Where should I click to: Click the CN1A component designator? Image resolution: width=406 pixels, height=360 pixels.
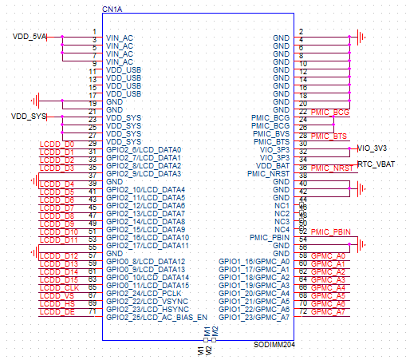[x=112, y=10]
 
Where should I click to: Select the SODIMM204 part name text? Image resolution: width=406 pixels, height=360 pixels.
[x=274, y=345]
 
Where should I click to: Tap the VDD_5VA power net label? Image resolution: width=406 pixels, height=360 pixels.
[x=30, y=37]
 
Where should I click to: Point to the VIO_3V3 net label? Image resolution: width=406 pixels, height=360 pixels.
[x=372, y=148]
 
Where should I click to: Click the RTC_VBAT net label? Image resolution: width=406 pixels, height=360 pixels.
[x=376, y=164]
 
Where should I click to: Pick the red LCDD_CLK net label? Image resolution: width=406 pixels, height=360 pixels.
[x=59, y=288]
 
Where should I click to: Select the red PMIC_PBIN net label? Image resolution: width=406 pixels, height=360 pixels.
[x=331, y=232]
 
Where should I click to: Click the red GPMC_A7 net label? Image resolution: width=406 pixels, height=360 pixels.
[x=328, y=312]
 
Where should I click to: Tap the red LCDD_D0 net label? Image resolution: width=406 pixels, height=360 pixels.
[x=57, y=144]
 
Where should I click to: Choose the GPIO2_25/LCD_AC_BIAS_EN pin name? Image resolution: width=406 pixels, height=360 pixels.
[x=156, y=318]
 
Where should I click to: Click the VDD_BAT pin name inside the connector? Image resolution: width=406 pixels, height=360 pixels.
[x=273, y=166]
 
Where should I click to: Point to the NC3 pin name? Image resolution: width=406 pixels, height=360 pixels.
[x=282, y=222]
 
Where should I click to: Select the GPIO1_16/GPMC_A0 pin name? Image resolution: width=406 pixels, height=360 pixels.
[x=254, y=262]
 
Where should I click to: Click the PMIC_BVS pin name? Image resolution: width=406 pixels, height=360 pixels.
[x=271, y=134]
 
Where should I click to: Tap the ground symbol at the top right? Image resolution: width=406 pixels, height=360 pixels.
[x=361, y=38]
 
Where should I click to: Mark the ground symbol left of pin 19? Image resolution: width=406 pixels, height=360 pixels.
[x=35, y=101]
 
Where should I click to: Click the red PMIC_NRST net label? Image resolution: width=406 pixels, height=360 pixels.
[x=332, y=168]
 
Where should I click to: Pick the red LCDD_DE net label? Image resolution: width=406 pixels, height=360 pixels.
[x=57, y=312]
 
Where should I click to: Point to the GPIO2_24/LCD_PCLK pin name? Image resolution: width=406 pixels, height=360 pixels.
[x=144, y=294]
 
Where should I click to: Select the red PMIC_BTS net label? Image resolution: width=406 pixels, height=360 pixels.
[x=329, y=136]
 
